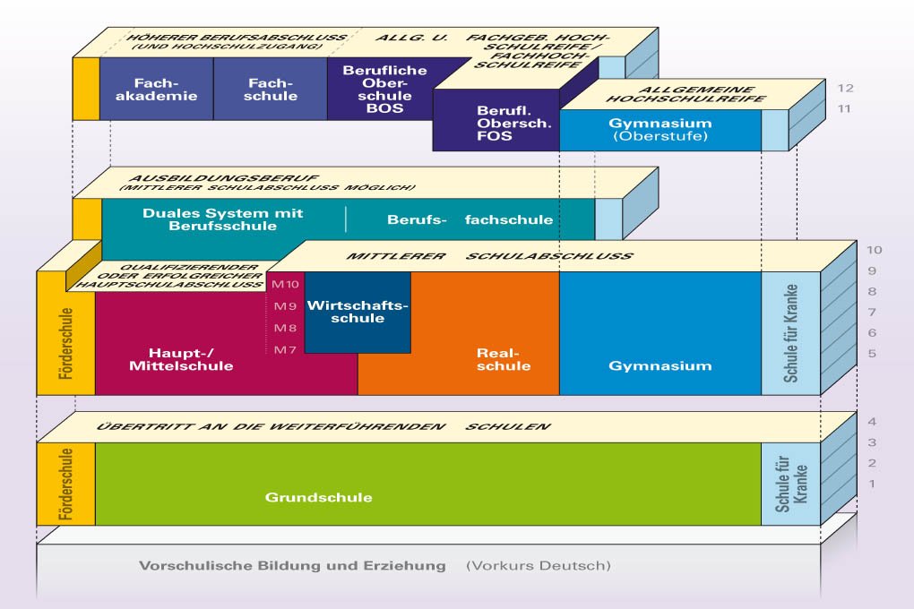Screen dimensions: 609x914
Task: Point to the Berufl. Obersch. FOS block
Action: pyautogui.click(x=495, y=124)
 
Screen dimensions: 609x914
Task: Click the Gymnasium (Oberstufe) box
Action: pyautogui.click(x=660, y=129)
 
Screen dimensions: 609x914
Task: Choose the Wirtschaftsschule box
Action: pyautogui.click(x=358, y=313)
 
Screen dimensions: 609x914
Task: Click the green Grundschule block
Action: pyautogui.click(x=318, y=497)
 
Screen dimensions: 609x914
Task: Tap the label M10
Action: pyautogui.click(x=284, y=284)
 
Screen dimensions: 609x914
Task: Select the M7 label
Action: pyautogui.click(x=284, y=349)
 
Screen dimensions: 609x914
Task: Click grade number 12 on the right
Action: pyautogui.click(x=846, y=89)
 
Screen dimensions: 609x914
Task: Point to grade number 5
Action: pyautogui.click(x=846, y=354)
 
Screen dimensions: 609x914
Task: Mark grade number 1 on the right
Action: pyautogui.click(x=846, y=484)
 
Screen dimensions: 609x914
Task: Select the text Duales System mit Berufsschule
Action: pyautogui.click(x=223, y=219)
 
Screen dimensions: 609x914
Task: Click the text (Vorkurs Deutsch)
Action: pyautogui.click(x=538, y=566)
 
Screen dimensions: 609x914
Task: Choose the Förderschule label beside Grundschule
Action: pyautogui.click(x=65, y=484)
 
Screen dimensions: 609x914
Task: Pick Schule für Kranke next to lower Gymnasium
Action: pyautogui.click(x=790, y=333)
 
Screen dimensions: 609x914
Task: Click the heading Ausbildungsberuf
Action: pyautogui.click(x=224, y=179)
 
